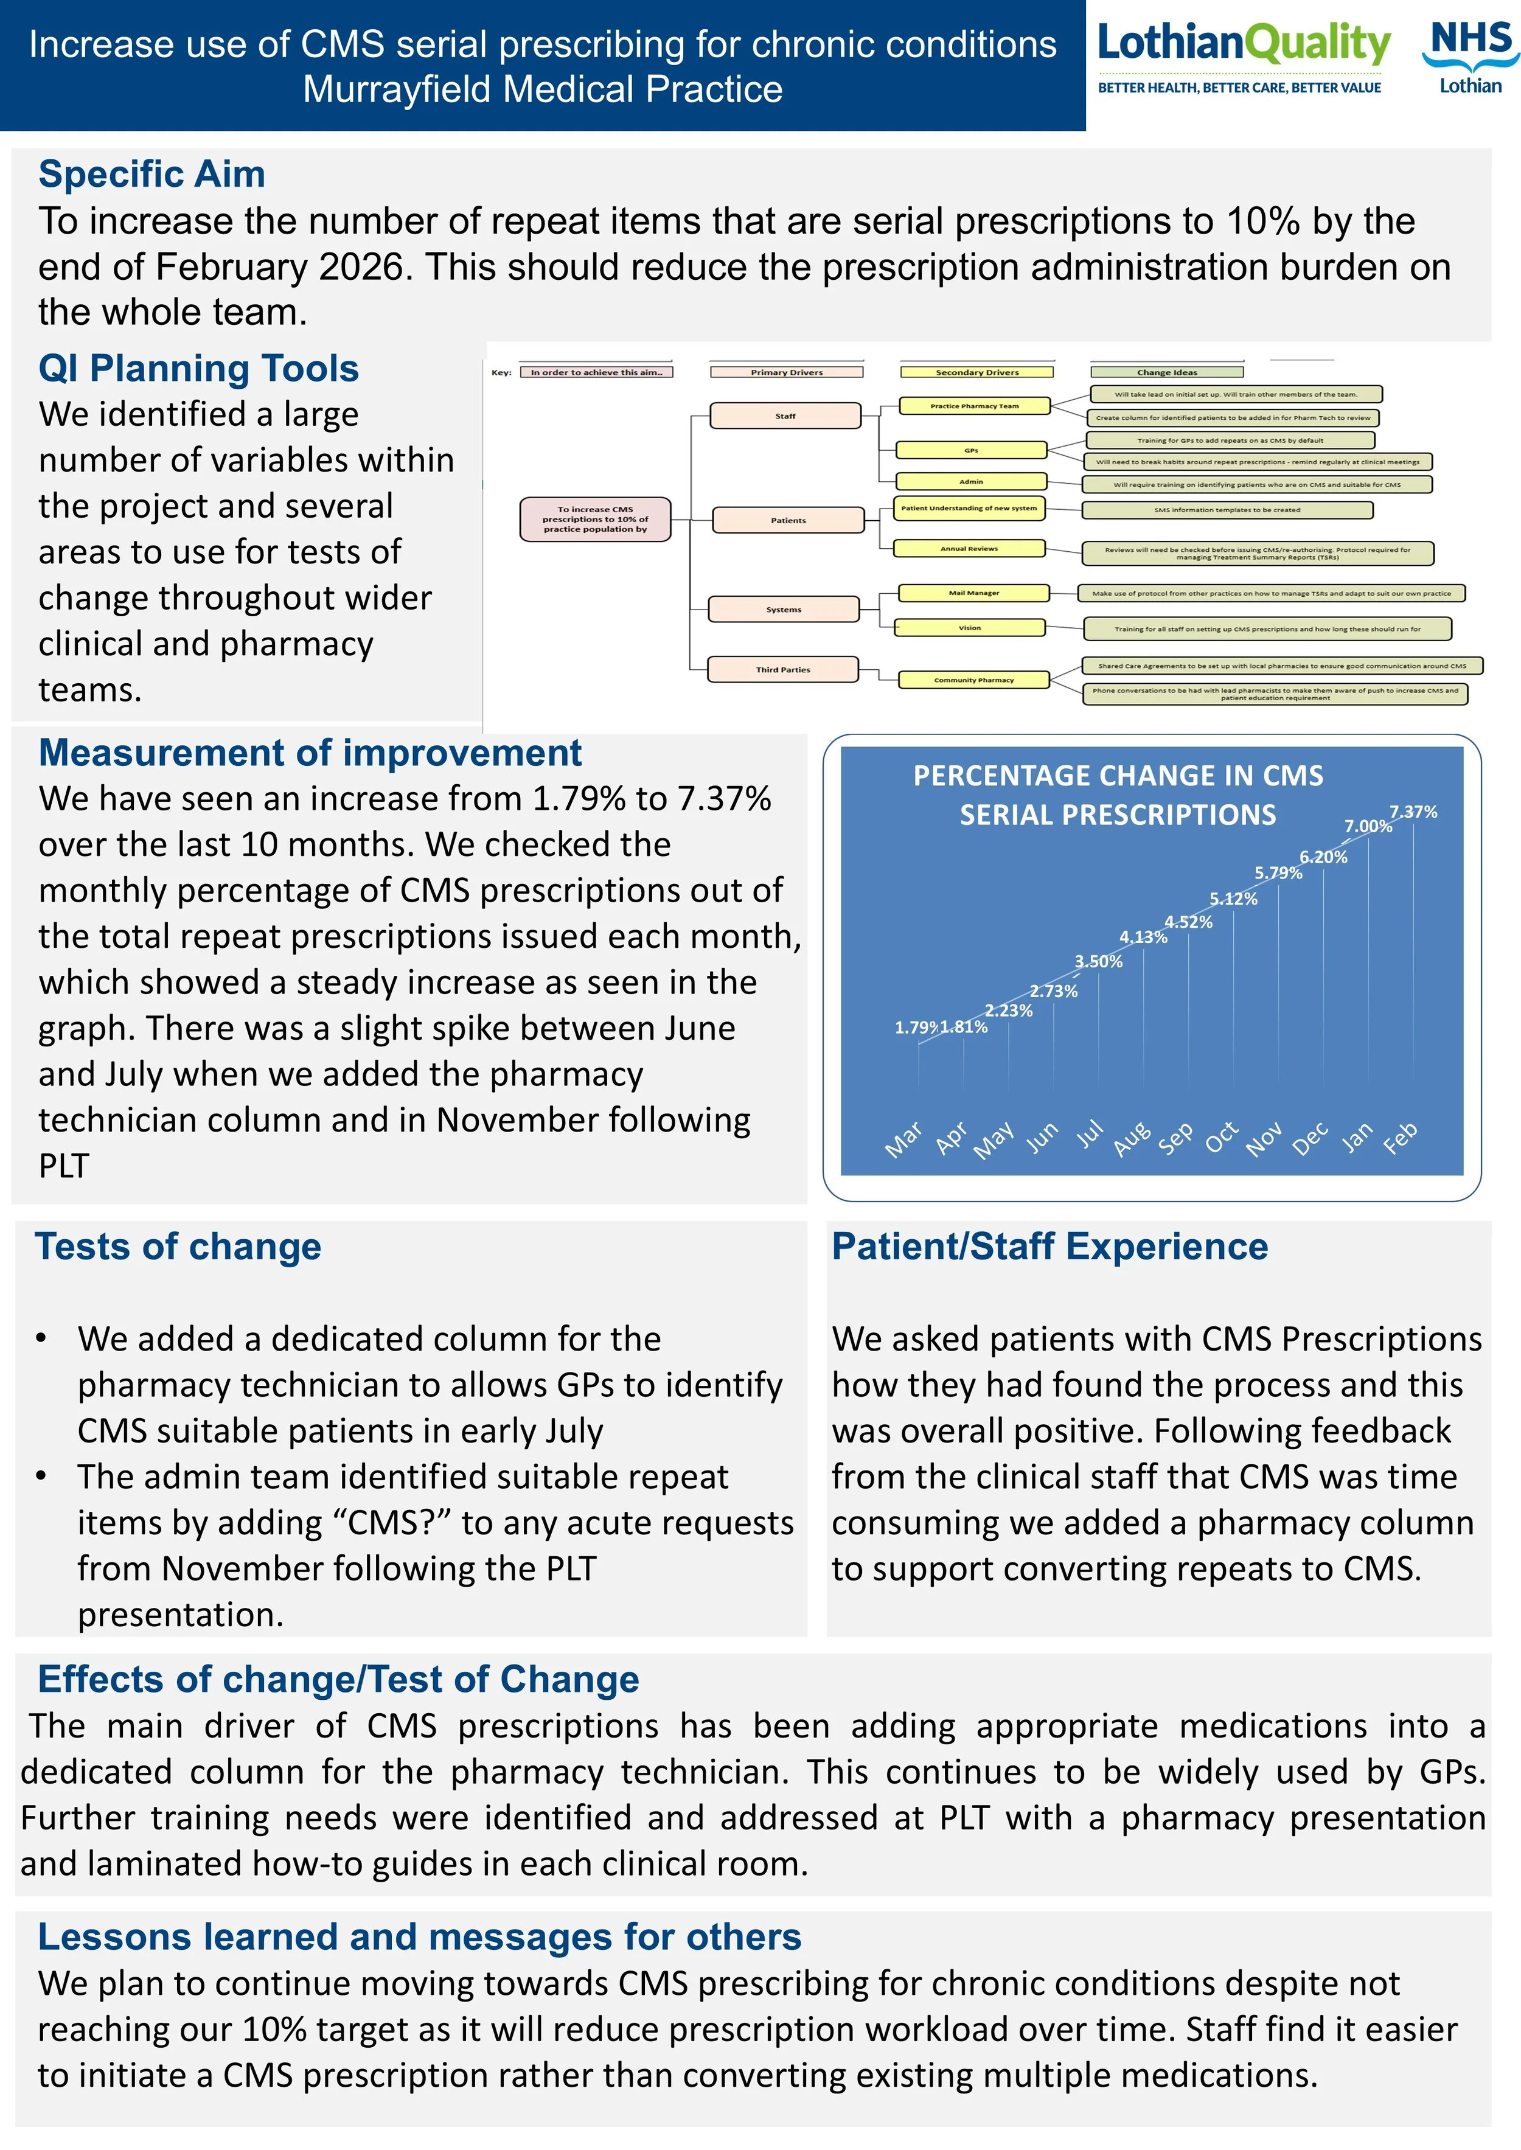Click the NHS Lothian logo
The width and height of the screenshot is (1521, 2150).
(1469, 58)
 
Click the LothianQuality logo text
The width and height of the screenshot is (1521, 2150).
(1243, 43)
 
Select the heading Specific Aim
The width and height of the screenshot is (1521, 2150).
(151, 174)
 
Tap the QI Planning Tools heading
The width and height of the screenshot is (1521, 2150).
(198, 369)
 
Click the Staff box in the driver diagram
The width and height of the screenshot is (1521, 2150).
(785, 416)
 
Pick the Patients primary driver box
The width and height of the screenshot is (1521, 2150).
(788, 520)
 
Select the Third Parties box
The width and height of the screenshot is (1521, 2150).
(783, 670)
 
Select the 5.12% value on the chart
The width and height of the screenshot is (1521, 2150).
(1233, 899)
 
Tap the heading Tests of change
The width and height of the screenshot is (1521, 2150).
(178, 1247)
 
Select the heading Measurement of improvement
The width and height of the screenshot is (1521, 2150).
(310, 753)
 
